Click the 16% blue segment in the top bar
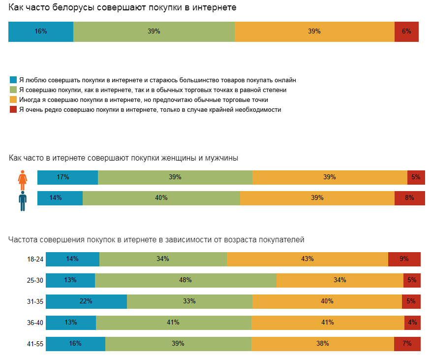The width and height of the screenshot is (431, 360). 41,32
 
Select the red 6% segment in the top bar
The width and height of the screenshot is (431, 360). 406,32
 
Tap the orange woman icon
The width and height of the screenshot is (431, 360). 23,180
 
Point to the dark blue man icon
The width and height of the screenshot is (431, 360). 23,201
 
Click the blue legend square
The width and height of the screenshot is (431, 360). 13,79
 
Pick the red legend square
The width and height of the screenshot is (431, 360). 13,109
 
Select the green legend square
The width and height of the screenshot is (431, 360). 13,90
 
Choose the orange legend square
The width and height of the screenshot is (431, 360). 13,99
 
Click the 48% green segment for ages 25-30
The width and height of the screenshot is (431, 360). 185,280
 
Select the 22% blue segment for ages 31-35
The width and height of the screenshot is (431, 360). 86,301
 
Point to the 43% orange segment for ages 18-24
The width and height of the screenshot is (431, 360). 308,259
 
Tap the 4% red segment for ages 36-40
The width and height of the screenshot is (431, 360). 412,323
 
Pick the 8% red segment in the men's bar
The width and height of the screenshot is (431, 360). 409,198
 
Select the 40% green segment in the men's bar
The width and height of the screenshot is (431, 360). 161,198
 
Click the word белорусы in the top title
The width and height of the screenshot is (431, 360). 72,8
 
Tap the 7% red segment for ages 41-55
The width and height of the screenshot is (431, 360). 407,344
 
